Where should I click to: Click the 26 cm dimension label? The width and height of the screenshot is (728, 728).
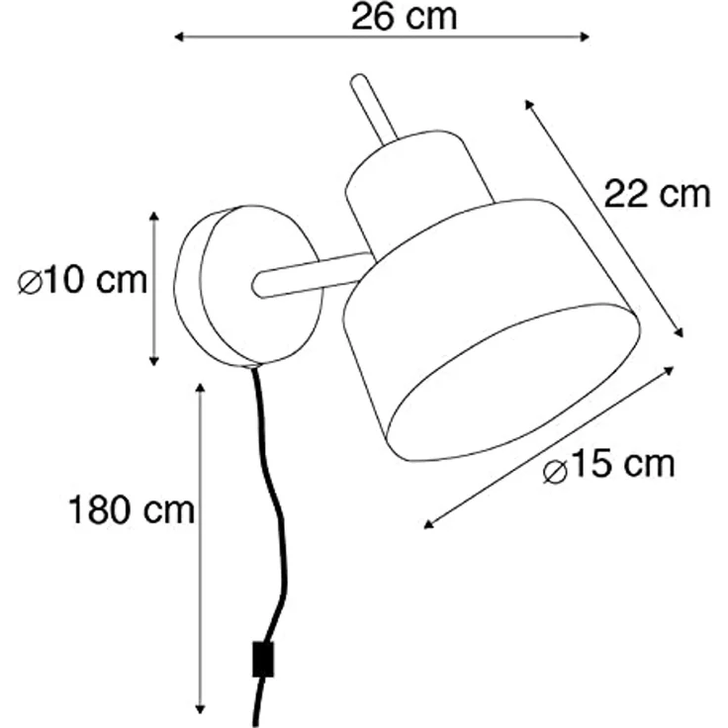(404, 17)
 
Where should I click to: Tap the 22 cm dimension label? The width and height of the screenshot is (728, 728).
(657, 194)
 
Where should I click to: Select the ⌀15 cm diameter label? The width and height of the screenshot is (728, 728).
(608, 465)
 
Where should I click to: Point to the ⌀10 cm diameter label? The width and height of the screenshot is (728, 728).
(82, 281)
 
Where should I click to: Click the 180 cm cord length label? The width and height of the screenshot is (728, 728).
(132, 509)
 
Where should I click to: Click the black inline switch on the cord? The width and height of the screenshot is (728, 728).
(263, 660)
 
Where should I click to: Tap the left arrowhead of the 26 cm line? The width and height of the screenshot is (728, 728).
(179, 38)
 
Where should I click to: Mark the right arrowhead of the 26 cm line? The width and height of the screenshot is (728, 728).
(585, 38)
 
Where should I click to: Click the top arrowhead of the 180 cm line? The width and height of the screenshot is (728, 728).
(200, 388)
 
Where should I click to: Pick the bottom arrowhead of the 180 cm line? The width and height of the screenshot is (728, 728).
(200, 709)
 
